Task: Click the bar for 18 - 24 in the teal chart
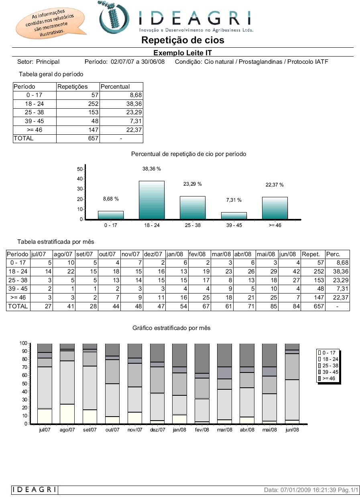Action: click(x=152, y=200)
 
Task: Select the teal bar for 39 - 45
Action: click(x=234, y=216)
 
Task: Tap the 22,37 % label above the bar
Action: click(x=275, y=185)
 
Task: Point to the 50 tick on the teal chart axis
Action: click(x=80, y=169)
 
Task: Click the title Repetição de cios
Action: click(x=183, y=40)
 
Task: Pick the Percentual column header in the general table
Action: click(x=115, y=87)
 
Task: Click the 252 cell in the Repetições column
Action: click(x=93, y=104)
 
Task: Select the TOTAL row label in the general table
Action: click(x=23, y=138)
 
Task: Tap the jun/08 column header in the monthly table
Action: click(x=287, y=254)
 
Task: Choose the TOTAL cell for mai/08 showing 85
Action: click(x=274, y=306)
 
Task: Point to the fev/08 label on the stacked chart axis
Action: click(x=202, y=430)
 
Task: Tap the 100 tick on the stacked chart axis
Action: click(x=23, y=343)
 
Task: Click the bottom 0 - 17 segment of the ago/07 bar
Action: click(x=67, y=414)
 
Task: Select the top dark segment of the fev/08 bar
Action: click(x=202, y=358)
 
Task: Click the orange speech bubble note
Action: click(x=50, y=23)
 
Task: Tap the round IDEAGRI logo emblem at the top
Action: click(x=114, y=17)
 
